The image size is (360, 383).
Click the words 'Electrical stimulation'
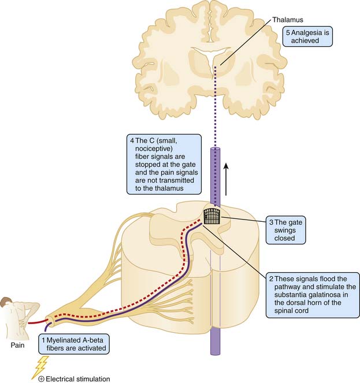(x=80, y=379)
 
